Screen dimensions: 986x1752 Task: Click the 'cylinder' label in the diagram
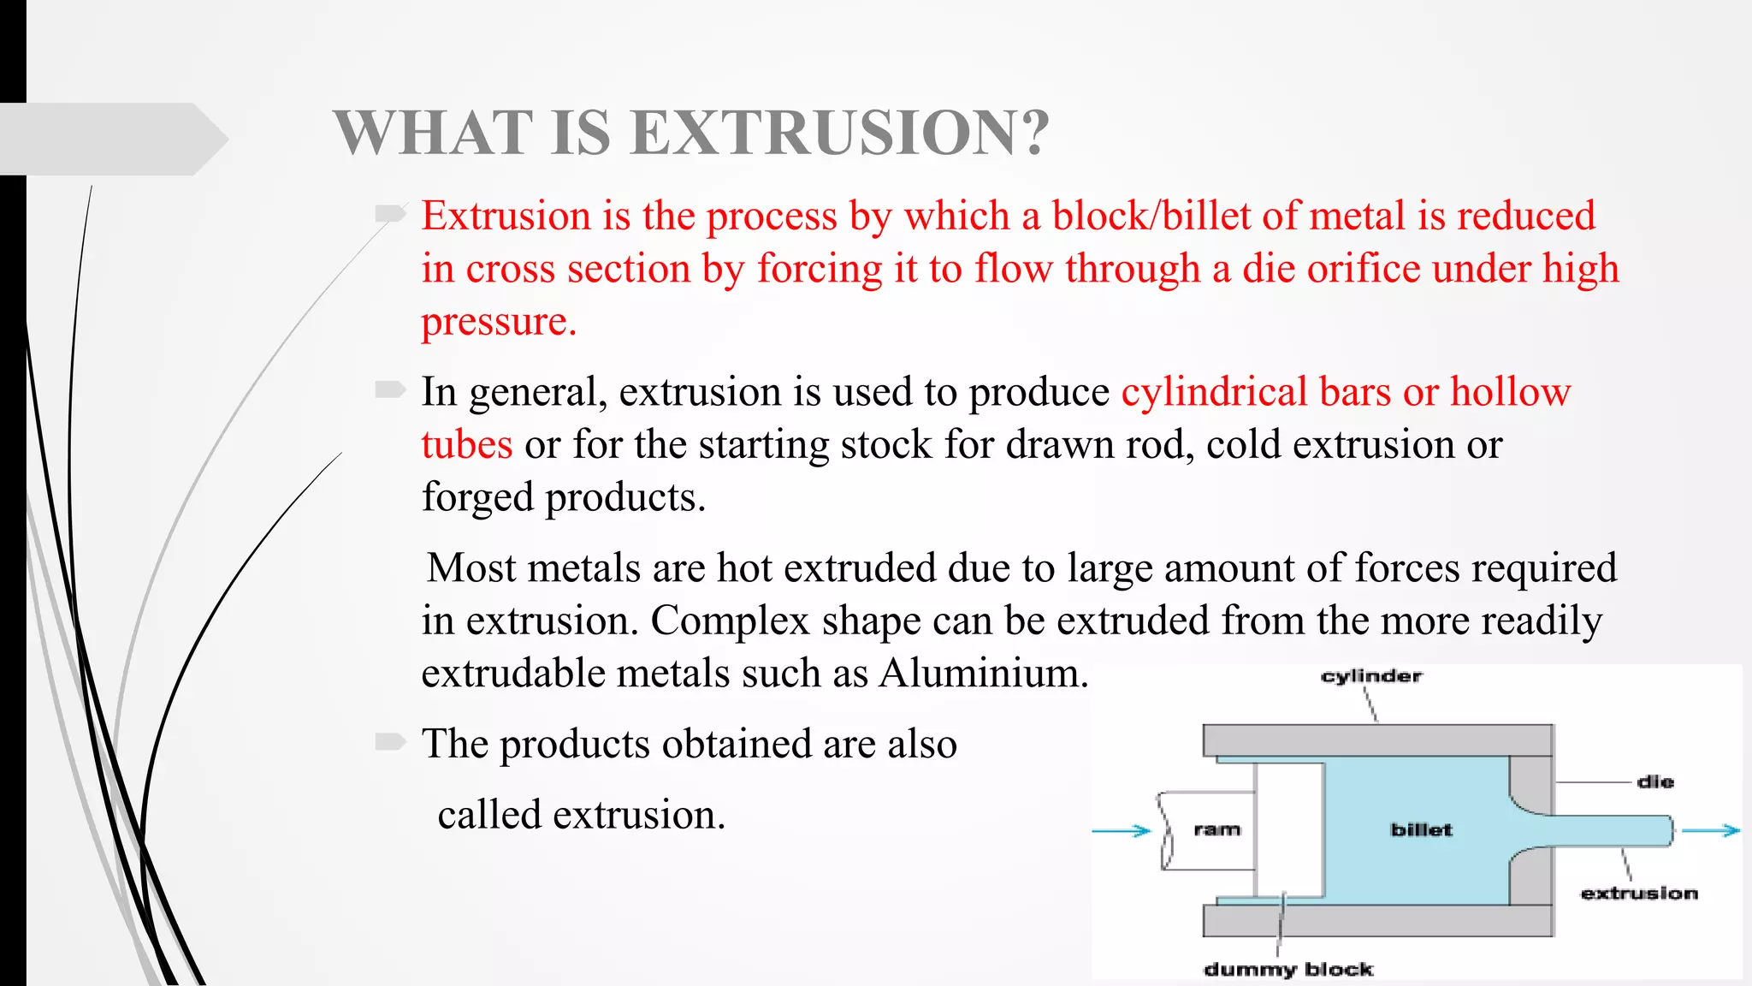1370,676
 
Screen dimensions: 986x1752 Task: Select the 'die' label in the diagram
1654,781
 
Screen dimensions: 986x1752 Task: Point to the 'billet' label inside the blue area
1421,829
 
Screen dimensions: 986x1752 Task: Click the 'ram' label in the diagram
1216,829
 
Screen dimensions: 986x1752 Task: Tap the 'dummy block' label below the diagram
1287,969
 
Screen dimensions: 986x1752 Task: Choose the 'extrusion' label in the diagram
1638,893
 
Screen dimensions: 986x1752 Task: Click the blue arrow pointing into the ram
1122,830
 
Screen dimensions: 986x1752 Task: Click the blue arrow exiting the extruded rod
1711,830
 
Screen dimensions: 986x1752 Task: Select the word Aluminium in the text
983,673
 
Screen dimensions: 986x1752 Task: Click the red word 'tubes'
467,445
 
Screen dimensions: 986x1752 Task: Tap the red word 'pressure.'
499,322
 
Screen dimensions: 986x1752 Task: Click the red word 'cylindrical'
1214,392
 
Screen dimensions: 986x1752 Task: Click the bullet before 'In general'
390,390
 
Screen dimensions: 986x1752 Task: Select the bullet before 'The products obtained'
390,741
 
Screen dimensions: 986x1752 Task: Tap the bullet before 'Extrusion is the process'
390,213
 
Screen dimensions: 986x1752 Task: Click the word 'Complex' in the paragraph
730,621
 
